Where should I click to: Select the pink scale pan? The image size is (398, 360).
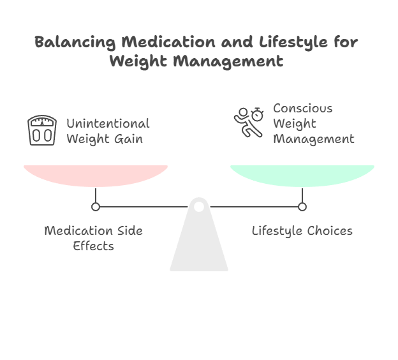click(x=96, y=174)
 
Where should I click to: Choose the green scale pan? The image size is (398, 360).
click(x=302, y=174)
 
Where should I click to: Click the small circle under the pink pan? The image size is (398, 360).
click(x=96, y=207)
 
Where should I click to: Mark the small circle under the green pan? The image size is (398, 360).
click(x=302, y=207)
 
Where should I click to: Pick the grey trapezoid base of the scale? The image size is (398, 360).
click(x=199, y=246)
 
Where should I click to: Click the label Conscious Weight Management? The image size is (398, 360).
click(x=313, y=123)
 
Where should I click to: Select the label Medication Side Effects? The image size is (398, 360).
click(x=93, y=237)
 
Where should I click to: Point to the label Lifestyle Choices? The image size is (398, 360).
click(x=302, y=230)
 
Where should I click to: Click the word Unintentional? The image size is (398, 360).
click(x=107, y=123)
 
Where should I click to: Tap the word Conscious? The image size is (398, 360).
click(x=302, y=108)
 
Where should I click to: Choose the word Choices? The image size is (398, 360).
click(x=328, y=230)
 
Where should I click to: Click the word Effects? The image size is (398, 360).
click(x=93, y=245)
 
